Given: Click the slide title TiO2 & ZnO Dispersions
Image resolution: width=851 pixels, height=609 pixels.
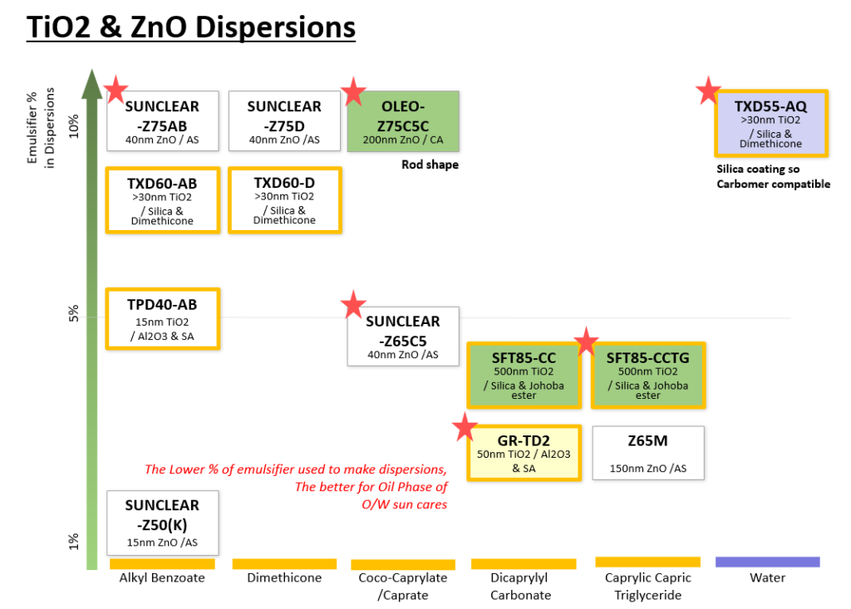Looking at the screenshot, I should [x=191, y=27].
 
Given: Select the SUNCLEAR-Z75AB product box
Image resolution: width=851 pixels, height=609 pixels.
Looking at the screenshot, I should [x=163, y=120].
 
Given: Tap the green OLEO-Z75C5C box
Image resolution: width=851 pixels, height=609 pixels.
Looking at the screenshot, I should [x=403, y=120].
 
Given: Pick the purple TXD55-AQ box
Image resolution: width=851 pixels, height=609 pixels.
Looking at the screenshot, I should [x=770, y=123].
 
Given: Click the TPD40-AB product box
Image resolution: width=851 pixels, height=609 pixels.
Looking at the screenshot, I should [x=163, y=318].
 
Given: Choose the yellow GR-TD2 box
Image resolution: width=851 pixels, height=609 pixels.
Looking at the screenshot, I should [x=524, y=453].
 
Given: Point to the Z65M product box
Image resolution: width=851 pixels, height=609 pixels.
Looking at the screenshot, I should [x=648, y=453].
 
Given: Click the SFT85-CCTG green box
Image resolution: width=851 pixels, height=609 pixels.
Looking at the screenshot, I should [x=648, y=375].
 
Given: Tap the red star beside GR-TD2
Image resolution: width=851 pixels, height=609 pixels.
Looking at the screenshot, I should [x=465, y=428].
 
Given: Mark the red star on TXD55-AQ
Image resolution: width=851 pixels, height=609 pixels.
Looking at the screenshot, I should [x=709, y=91].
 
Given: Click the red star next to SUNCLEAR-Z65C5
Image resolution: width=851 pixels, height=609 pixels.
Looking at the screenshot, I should [x=354, y=306].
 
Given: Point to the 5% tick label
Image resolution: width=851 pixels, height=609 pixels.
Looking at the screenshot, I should [x=73, y=313].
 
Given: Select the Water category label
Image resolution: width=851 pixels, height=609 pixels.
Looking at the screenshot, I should [x=767, y=577].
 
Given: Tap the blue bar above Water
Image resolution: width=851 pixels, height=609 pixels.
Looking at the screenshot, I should [x=767, y=562].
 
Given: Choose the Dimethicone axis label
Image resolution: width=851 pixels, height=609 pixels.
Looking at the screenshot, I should [x=284, y=577].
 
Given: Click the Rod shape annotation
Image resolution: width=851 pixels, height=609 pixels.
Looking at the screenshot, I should [x=430, y=165].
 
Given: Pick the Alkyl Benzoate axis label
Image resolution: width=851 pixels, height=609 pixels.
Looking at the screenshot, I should [x=162, y=577].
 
